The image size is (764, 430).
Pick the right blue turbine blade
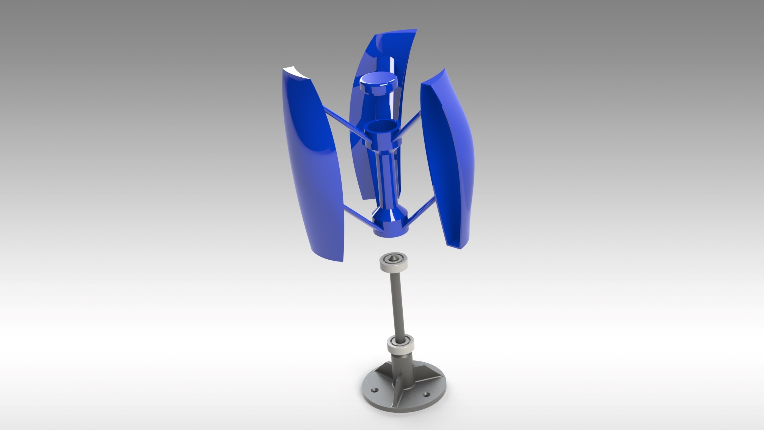(448, 160)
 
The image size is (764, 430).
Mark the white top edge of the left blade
(296, 73)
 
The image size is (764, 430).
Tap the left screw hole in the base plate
(375, 390)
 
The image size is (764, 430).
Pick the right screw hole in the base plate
(426, 395)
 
